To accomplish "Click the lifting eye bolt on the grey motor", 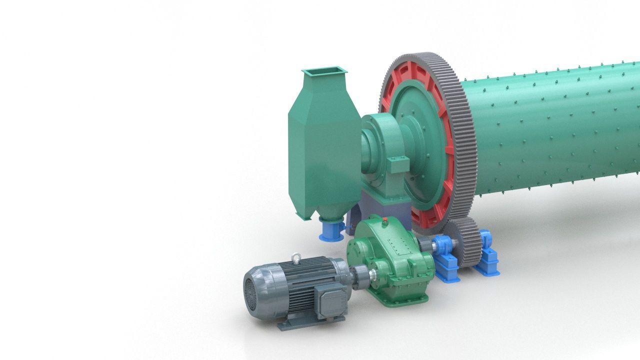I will click(296, 258).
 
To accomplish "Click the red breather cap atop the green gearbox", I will click(385, 220).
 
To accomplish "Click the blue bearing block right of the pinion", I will click(488, 255).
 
